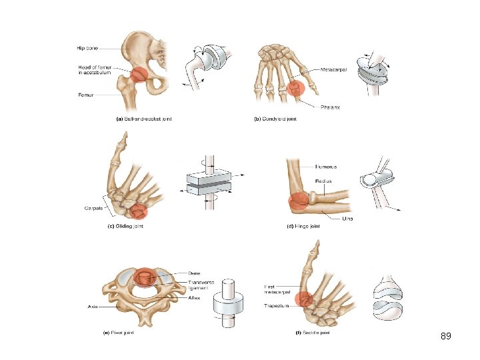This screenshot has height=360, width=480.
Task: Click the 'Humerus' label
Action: pyautogui.click(x=327, y=167)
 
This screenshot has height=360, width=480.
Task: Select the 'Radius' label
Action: pyautogui.click(x=325, y=181)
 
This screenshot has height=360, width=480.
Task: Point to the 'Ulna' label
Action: pyautogui.click(x=347, y=219)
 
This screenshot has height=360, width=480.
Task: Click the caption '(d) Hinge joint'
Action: pyautogui.click(x=303, y=227)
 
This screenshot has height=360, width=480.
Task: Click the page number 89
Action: pyautogui.click(x=446, y=336)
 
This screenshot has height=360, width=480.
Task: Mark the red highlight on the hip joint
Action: pyautogui.click(x=139, y=75)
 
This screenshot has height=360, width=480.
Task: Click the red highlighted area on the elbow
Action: pyautogui.click(x=298, y=199)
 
